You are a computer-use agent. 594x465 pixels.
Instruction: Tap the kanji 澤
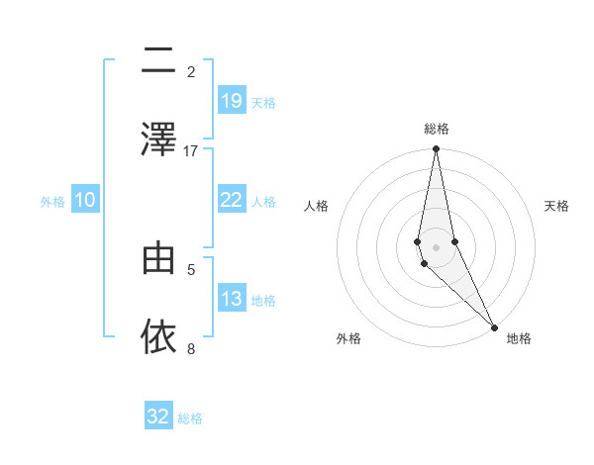tap(158, 139)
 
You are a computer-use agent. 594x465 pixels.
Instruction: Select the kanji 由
tap(158, 258)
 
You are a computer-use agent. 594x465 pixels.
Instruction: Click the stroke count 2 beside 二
tap(191, 72)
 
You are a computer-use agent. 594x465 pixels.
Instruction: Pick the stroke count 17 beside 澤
tap(191, 150)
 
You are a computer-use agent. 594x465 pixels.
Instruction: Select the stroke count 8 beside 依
tap(191, 348)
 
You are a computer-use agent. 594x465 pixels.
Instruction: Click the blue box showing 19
tap(232, 101)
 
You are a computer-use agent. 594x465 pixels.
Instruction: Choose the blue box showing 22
tap(232, 200)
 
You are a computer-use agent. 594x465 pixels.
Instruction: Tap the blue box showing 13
tap(232, 299)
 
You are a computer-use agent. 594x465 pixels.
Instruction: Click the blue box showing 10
tap(85, 200)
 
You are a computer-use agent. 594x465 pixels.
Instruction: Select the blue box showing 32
tap(158, 417)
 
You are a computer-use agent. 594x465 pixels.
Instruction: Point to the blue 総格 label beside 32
tap(190, 418)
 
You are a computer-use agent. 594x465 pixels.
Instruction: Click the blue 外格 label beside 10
tap(52, 202)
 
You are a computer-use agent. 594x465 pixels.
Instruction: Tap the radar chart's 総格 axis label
tap(436, 129)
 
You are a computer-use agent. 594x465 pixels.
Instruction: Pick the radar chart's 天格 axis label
tap(557, 206)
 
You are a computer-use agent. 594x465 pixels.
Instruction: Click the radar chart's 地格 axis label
tap(519, 338)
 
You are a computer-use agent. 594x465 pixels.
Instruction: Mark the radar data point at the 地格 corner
tap(494, 325)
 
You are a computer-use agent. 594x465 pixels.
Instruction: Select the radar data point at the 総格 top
tap(436, 149)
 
